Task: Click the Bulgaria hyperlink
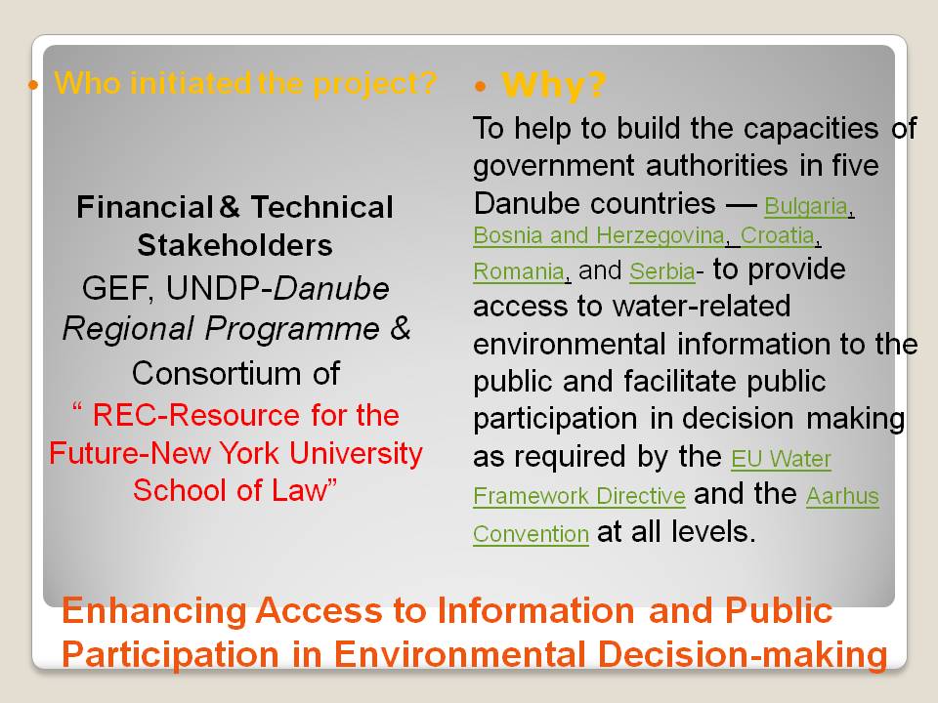point(806,206)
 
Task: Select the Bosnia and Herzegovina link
point(599,236)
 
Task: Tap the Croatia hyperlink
point(778,235)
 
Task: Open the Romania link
point(519,272)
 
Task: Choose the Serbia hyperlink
point(662,271)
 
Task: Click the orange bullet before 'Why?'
point(479,87)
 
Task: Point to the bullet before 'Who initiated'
point(33,86)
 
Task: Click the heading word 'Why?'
point(553,85)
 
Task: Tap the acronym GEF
point(116,288)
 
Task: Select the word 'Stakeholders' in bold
point(235,245)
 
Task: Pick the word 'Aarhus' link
point(842,496)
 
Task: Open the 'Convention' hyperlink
point(532,534)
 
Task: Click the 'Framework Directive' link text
point(579,496)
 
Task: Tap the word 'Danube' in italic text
point(331,288)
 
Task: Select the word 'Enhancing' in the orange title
point(154,610)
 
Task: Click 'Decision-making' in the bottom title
point(743,654)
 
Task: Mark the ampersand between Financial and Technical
point(230,207)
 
